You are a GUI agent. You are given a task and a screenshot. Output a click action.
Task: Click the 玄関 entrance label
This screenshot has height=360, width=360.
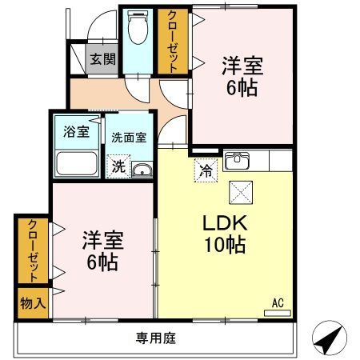pyautogui.click(x=99, y=58)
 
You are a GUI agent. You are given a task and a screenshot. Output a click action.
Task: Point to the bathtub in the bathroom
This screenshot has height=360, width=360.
pyautogui.click(x=77, y=163)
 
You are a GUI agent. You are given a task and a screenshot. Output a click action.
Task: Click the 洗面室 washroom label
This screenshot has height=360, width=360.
pyautogui.click(x=128, y=137)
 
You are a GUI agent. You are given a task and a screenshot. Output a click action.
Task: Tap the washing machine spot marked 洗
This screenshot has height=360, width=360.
pyautogui.click(x=118, y=167)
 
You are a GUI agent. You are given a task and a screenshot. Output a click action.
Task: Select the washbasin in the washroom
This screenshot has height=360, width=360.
pyautogui.click(x=142, y=169)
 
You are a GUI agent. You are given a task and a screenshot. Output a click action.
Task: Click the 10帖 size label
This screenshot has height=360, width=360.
pyautogui.click(x=226, y=246)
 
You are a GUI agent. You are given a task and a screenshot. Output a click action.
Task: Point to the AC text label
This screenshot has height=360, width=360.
pyautogui.click(x=278, y=302)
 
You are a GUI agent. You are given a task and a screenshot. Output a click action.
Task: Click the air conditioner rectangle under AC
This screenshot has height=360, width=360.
pyautogui.click(x=277, y=312)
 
